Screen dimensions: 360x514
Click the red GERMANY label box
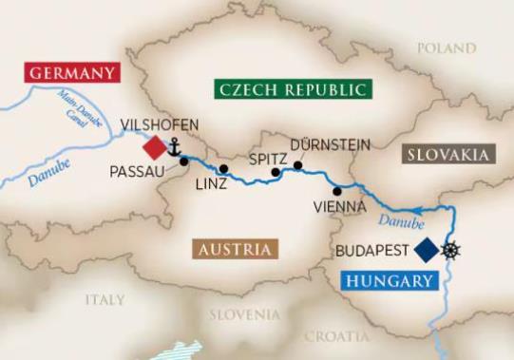point(74,73)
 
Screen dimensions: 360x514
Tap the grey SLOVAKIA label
point(447,154)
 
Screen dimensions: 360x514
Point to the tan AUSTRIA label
point(235,250)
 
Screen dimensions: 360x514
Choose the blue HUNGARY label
point(391,281)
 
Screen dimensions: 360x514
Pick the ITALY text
point(105,299)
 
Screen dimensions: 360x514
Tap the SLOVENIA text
point(245,313)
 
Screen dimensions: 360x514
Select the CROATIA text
point(336,336)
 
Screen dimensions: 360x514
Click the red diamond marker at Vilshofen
point(154,147)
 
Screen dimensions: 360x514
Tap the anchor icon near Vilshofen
point(174,146)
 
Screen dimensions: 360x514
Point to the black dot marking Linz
point(223,169)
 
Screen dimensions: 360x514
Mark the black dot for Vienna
point(337,191)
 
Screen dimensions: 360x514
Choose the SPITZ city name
point(265,158)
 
